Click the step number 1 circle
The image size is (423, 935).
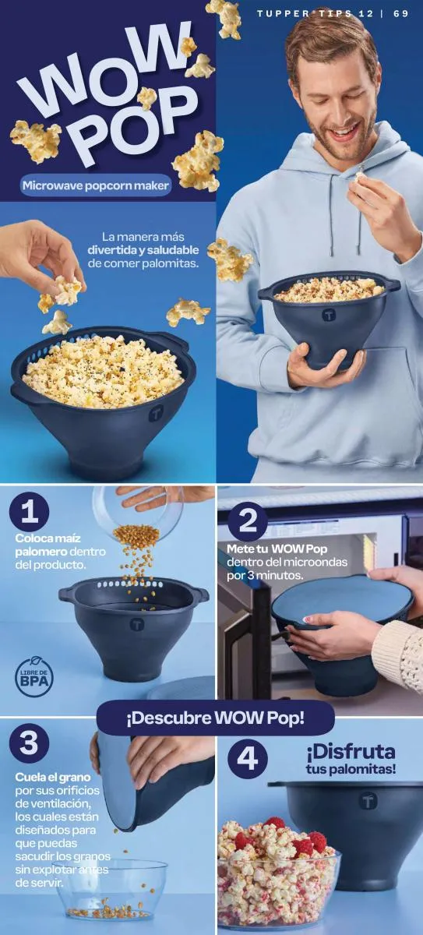(x=30, y=512)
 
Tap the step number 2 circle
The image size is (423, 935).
(x=248, y=520)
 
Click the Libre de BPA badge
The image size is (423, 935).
(x=34, y=678)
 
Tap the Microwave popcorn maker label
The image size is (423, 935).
(x=96, y=185)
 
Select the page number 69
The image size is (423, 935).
(x=401, y=14)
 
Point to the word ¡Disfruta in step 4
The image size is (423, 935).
(x=351, y=752)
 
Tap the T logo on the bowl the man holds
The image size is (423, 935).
(x=330, y=315)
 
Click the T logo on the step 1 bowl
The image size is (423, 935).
(x=137, y=625)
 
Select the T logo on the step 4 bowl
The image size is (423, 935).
(x=368, y=801)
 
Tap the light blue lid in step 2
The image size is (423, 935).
(x=339, y=602)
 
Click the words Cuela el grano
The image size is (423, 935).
(x=53, y=778)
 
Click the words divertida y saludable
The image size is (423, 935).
(x=143, y=251)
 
